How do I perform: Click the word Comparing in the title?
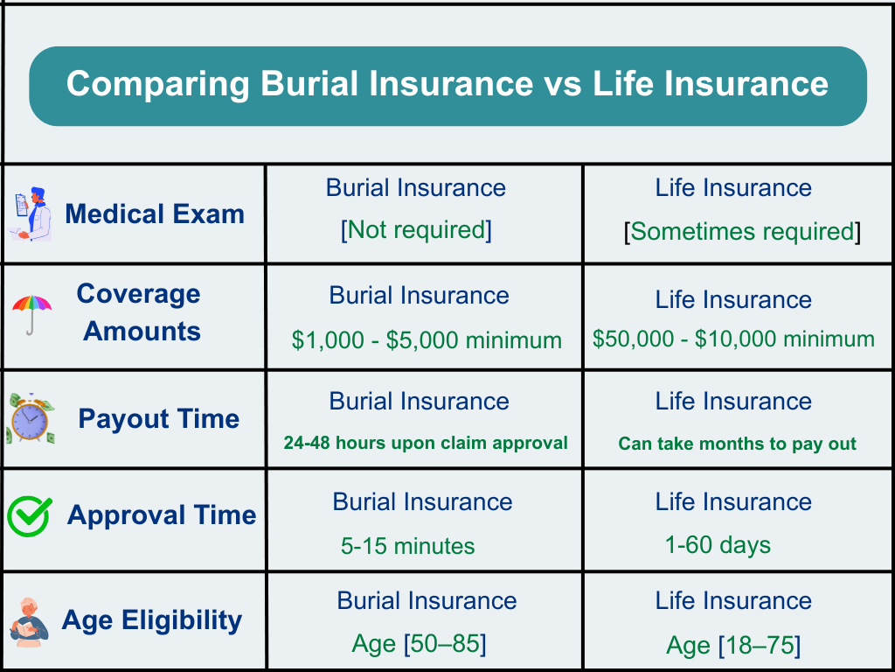pos(158,85)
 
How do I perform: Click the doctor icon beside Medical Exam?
pos(31,213)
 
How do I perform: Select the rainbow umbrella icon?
pos(32,315)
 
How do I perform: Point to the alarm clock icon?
pos(31,419)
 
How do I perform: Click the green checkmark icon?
pos(30,516)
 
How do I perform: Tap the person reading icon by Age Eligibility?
pos(30,622)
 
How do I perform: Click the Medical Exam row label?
pos(155,214)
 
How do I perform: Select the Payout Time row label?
pos(159,419)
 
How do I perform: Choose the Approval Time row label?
pos(162,514)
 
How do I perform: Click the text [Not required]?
pos(416,230)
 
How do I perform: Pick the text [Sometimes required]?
pos(742,231)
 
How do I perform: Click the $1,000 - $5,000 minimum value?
pos(427,340)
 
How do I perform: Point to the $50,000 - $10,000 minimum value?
pos(733,339)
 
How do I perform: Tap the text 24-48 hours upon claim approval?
pos(426,443)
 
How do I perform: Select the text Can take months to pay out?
pos(738,444)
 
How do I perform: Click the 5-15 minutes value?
pos(407,546)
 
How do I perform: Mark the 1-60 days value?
pos(718,544)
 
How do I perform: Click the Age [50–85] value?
pos(419,644)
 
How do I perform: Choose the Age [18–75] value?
pos(733,646)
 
